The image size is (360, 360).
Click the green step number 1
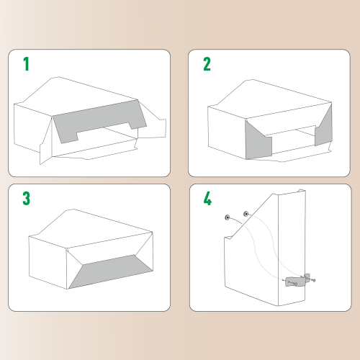pyautogui.click(x=27, y=65)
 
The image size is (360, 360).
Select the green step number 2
pyautogui.click(x=207, y=65)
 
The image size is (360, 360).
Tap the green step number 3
pyautogui.click(x=27, y=199)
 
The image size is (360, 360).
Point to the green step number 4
pyautogui.click(x=207, y=199)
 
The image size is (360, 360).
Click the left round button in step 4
pyautogui.click(x=227, y=216)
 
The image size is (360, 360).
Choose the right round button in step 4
pyautogui.click(x=246, y=213)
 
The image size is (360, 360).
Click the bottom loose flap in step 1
pyautogui.click(x=94, y=155)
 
